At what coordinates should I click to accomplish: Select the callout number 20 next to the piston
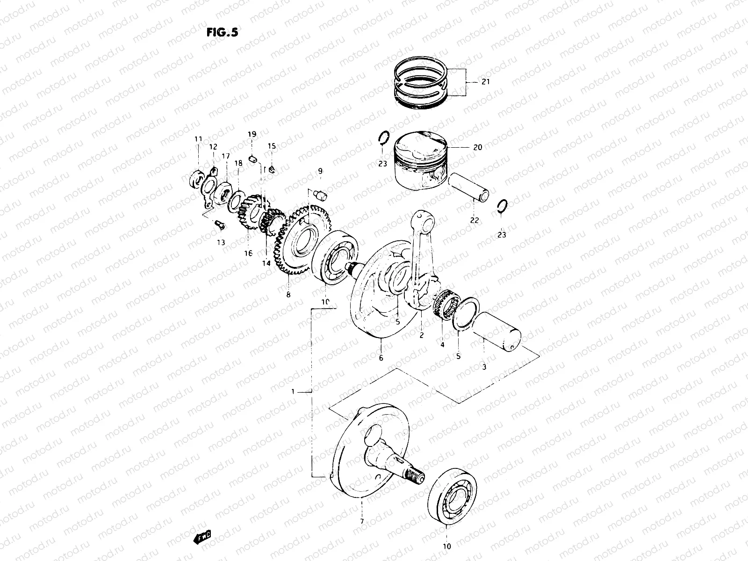pyautogui.click(x=477, y=147)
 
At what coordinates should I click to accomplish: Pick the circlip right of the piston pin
pyautogui.click(x=503, y=205)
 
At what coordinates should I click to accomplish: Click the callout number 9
pyautogui.click(x=320, y=172)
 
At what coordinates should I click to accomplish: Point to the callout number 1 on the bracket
pyautogui.click(x=293, y=392)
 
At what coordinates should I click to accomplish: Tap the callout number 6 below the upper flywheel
pyautogui.click(x=381, y=358)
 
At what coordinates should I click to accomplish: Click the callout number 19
pyautogui.click(x=252, y=135)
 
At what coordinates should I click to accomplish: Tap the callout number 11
pyautogui.click(x=198, y=139)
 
